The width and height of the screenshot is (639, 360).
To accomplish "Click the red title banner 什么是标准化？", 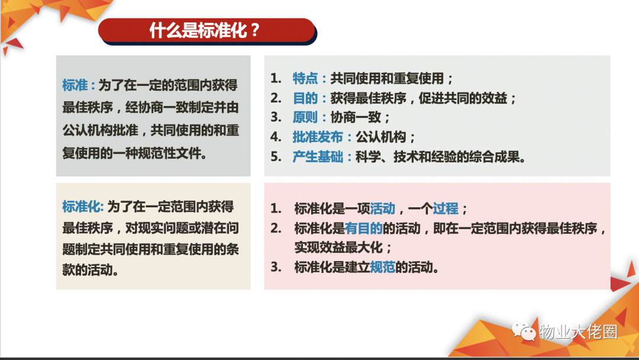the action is click(207, 31).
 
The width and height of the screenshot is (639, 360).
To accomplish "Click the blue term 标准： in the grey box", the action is click(79, 85).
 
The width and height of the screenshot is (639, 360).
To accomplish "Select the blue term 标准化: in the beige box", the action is click(83, 207).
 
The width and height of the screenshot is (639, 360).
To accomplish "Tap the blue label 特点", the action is click(305, 78).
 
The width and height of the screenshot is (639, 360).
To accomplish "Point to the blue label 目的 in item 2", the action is click(305, 98).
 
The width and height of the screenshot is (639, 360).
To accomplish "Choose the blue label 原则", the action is click(305, 117).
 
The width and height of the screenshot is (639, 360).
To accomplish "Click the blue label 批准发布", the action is click(318, 137).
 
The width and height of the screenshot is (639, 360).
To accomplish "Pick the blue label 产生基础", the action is click(318, 156).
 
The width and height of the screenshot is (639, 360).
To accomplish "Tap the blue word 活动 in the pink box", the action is click(382, 208).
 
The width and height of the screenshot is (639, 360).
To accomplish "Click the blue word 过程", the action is click(446, 208).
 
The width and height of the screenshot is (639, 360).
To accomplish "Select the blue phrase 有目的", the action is click(363, 229).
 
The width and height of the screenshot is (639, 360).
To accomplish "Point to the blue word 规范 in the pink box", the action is click(382, 267).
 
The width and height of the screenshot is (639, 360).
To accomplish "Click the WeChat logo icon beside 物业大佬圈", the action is click(524, 330).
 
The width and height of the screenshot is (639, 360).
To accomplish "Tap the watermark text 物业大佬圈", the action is click(578, 332).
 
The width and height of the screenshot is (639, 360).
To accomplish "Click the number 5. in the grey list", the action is click(276, 156).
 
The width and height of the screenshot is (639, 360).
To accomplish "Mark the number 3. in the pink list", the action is click(276, 267).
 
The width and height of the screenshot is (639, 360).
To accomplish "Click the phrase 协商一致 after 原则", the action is click(356, 117).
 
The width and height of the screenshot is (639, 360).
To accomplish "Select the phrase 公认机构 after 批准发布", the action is click(380, 137).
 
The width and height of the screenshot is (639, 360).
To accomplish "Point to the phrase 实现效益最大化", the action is click(338, 247).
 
